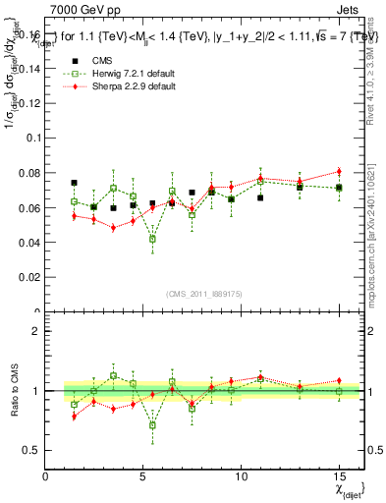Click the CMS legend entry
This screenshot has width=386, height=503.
(100, 59)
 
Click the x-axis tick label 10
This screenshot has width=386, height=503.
(241, 475)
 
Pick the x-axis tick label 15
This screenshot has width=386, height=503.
(339, 475)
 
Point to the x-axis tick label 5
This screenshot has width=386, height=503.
(143, 475)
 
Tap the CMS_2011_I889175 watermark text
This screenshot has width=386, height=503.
(193, 293)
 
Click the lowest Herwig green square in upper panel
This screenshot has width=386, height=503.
(152, 239)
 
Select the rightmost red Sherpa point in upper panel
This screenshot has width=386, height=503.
(339, 172)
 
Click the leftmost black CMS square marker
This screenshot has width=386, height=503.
(74, 183)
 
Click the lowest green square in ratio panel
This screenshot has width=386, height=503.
(152, 425)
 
